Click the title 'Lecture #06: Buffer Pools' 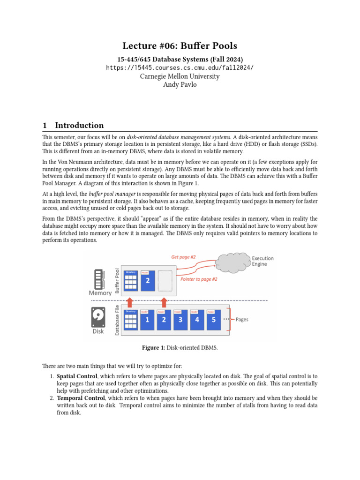pyautogui.click(x=180, y=45)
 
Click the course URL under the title pyautogui.click(x=180, y=67)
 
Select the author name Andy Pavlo pyautogui.click(x=180, y=85)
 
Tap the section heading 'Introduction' pyautogui.click(x=79, y=125)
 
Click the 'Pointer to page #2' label pyautogui.click(x=199, y=279)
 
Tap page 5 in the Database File pyautogui.click(x=214, y=320)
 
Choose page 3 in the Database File pyautogui.click(x=180, y=320)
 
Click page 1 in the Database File pyautogui.click(x=147, y=320)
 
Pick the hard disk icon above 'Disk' pyautogui.click(x=98, y=317)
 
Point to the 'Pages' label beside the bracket pyautogui.click(x=242, y=320)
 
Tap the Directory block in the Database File pyautogui.click(x=131, y=320)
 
